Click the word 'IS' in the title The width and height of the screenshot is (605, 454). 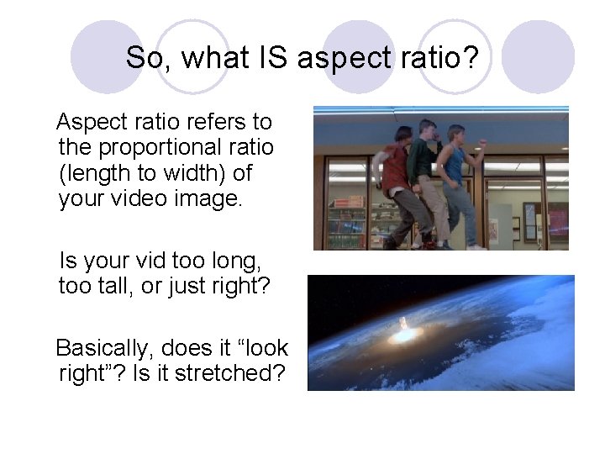click(271, 58)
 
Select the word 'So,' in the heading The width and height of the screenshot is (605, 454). click(149, 58)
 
